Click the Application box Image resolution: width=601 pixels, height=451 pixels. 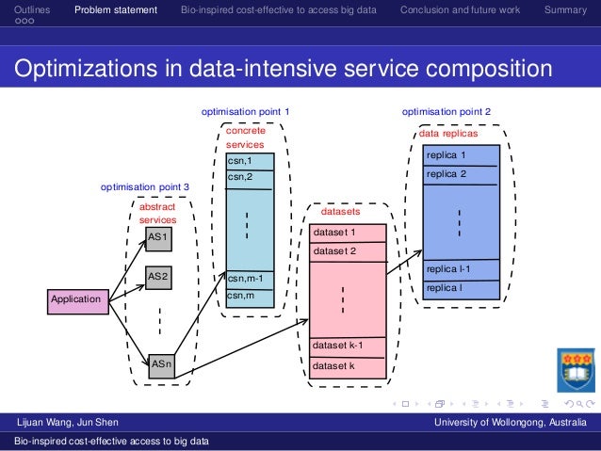(x=76, y=298)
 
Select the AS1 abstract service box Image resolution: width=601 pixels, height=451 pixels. (x=160, y=238)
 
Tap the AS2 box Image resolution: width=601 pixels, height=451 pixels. (x=160, y=277)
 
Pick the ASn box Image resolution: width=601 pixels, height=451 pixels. (x=162, y=362)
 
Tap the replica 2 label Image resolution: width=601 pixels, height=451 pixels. (x=447, y=174)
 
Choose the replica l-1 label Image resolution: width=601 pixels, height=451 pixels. (x=448, y=269)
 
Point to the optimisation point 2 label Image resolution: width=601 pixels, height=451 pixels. (x=447, y=111)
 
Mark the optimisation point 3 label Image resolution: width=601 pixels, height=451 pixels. (x=145, y=186)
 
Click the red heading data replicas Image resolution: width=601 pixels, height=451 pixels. (x=447, y=135)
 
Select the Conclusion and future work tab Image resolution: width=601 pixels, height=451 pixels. (x=459, y=10)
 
